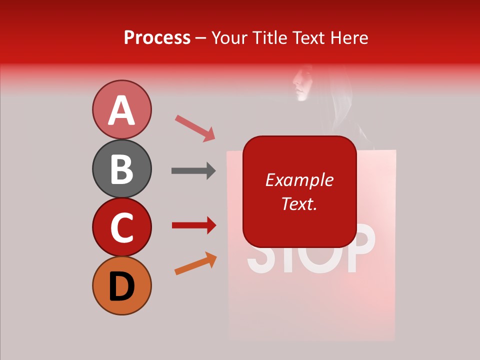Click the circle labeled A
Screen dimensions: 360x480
tap(121, 110)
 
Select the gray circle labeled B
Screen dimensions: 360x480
tap(121, 169)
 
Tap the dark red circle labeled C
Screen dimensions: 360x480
tap(121, 227)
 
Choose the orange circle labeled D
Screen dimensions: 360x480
tap(121, 286)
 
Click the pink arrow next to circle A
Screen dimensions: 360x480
tap(195, 128)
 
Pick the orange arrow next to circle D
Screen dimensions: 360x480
tap(195, 263)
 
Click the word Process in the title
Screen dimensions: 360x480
tap(157, 38)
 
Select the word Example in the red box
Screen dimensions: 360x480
tap(299, 180)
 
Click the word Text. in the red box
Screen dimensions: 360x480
tap(299, 203)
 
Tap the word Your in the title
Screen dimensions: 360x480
tap(230, 38)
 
